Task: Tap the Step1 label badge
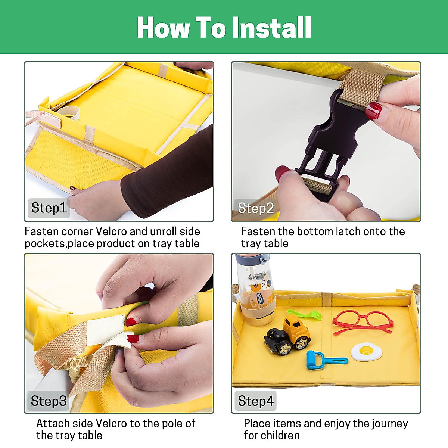[49, 208]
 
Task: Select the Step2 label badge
[255, 208]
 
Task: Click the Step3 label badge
[49, 401]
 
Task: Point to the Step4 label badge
[255, 401]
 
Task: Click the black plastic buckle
[330, 144]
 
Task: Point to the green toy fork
[305, 315]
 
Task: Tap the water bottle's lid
[253, 259]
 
